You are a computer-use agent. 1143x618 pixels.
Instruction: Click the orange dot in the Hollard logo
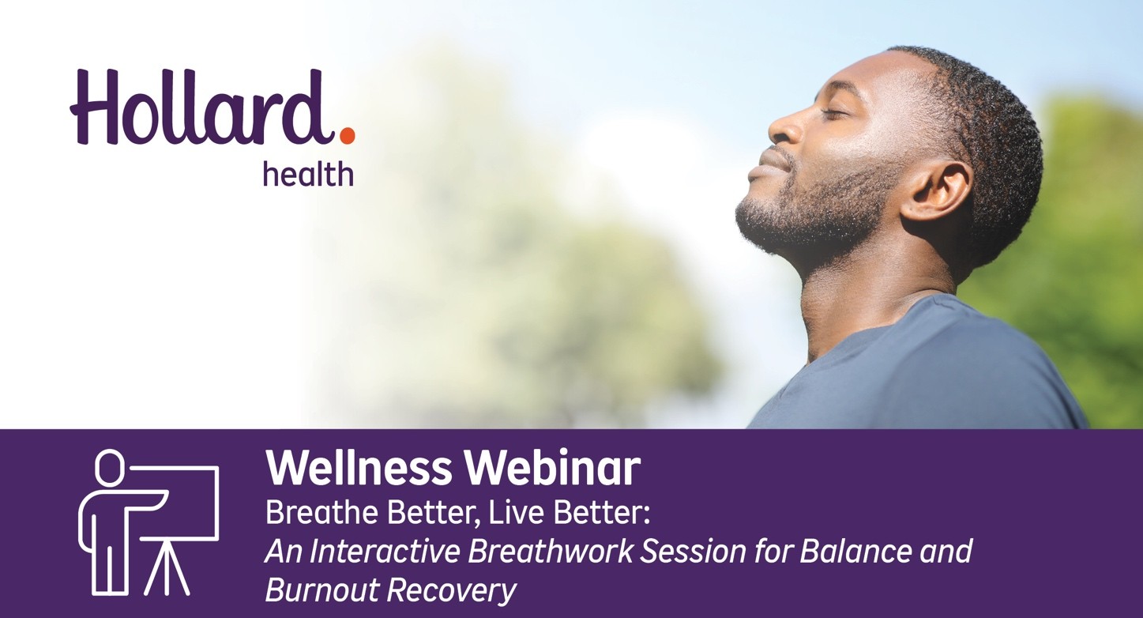point(347,135)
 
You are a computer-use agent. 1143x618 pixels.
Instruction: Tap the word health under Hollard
point(308,174)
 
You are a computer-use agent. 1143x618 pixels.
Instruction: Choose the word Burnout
point(321,590)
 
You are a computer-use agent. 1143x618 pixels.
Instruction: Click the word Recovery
point(450,591)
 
